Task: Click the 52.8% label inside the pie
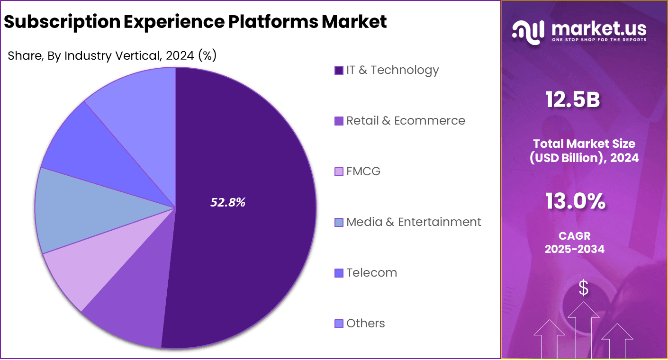[x=228, y=203]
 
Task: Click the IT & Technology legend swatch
[x=339, y=71]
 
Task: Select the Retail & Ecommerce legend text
[x=406, y=121]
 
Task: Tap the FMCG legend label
[x=363, y=171]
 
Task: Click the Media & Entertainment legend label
[x=414, y=222]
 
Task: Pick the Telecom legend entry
[x=371, y=273]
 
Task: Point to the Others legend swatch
[x=339, y=324]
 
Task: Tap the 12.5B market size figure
[x=573, y=100]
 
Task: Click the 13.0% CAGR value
[x=575, y=201]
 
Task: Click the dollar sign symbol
[x=584, y=288]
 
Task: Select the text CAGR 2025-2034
[x=574, y=242]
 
